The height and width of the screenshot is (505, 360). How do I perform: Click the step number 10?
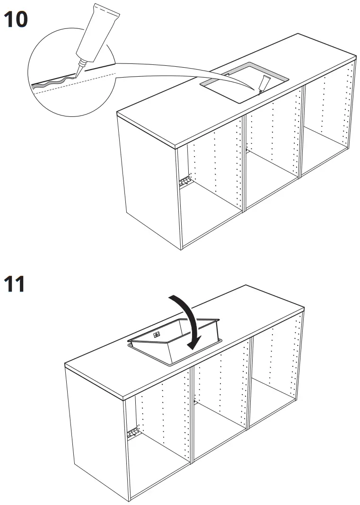tap(16, 20)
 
